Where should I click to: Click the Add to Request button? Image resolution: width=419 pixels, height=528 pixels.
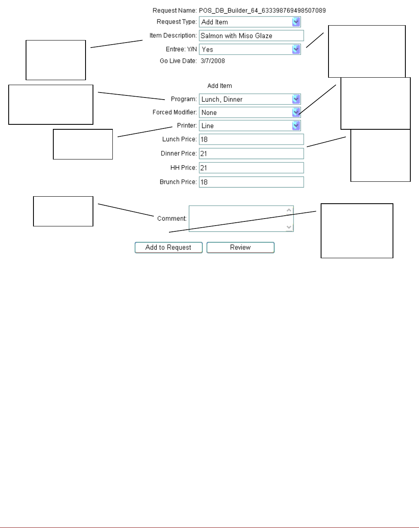[x=169, y=247]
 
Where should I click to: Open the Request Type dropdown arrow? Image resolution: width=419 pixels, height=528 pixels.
[x=296, y=22]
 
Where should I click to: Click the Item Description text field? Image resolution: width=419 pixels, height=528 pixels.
[x=251, y=36]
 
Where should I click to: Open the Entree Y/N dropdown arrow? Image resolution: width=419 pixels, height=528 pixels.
[x=296, y=49]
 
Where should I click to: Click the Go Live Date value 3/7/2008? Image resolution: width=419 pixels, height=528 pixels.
[x=213, y=61]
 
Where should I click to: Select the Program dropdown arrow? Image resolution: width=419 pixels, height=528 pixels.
[x=296, y=99]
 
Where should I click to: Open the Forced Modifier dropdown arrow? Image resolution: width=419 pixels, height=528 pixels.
[x=296, y=112]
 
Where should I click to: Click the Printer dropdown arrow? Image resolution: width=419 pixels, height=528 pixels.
[x=296, y=126]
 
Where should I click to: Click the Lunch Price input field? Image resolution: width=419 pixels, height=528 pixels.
[x=251, y=139]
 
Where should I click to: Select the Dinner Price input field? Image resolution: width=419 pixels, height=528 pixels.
[x=251, y=153]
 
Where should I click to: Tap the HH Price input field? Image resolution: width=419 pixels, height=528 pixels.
[x=251, y=168]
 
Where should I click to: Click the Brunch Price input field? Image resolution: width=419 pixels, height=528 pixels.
[x=251, y=182]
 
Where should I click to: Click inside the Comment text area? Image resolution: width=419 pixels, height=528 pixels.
[x=237, y=219]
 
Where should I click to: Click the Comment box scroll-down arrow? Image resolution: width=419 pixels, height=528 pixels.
[x=289, y=227]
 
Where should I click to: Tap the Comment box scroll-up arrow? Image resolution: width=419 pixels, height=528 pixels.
[x=289, y=210]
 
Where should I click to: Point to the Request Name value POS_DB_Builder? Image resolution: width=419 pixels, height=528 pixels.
[x=262, y=10]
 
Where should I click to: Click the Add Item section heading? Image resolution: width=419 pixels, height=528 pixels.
[x=219, y=86]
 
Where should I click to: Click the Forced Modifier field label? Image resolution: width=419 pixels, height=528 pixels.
[x=174, y=112]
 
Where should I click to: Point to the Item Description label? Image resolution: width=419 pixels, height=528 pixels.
[x=173, y=36]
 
